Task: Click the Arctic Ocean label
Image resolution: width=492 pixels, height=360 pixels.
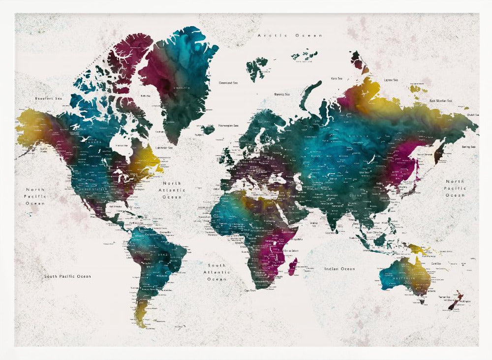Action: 290,35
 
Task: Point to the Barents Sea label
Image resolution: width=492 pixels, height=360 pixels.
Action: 282,94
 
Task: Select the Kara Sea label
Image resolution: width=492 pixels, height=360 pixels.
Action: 337,78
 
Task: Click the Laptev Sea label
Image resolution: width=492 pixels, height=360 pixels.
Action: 392,80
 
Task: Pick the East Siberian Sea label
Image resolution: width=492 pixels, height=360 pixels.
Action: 440,100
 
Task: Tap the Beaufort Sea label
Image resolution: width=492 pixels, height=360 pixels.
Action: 49,98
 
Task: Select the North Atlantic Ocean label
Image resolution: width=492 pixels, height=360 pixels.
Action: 172,190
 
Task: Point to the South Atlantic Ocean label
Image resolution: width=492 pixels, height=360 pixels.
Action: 216,272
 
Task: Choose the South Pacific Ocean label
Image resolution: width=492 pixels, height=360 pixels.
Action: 67,276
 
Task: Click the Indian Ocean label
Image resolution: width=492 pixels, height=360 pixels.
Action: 339,269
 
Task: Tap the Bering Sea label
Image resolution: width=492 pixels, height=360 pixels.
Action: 468,147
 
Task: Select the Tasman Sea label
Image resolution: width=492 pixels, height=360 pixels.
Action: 445,297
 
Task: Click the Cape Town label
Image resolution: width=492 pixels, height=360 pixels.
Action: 249,291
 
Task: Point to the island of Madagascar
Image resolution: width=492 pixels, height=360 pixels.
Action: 292,266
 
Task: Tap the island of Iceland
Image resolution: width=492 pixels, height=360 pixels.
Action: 208,129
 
